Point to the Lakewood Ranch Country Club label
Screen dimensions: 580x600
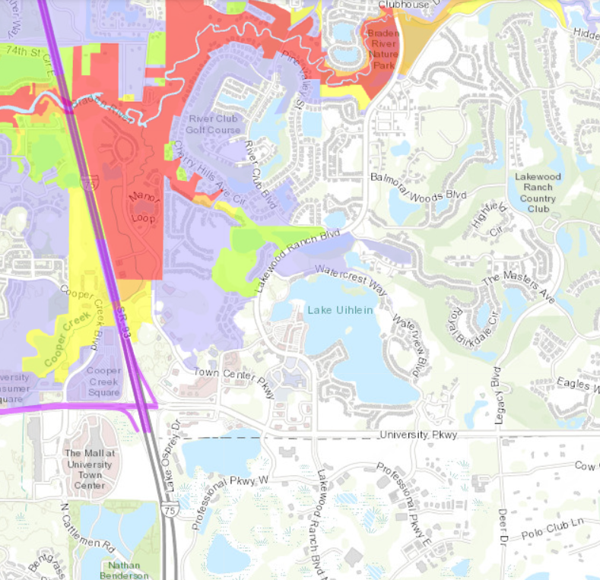tap(538, 192)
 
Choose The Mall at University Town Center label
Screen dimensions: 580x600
tap(89, 464)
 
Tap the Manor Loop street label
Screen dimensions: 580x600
tap(142, 205)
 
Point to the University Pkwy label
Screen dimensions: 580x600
tap(417, 435)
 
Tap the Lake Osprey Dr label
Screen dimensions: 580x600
tap(174, 444)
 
